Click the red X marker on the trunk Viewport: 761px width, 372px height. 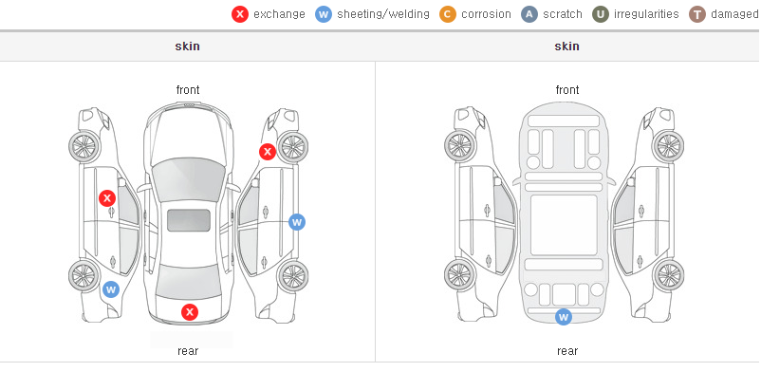tap(190, 312)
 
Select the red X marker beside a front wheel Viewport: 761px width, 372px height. tap(267, 152)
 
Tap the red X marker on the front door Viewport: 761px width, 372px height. tap(107, 198)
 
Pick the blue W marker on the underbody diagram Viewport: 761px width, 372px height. tap(564, 317)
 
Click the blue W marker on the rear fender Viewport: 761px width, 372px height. tap(111, 290)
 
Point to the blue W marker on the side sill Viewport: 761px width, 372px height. tap(297, 222)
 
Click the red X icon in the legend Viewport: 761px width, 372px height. tap(240, 14)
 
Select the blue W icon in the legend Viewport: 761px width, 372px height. tap(324, 14)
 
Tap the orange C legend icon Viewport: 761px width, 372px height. tap(448, 14)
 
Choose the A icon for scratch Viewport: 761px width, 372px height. tap(529, 14)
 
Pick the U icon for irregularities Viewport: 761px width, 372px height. tap(601, 14)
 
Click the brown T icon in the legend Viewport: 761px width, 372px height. tap(696, 14)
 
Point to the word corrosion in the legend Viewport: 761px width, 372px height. tap(487, 14)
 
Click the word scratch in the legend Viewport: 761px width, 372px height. tap(563, 14)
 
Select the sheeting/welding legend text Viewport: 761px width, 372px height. tap(383, 14)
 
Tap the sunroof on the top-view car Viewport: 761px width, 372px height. tap(189, 220)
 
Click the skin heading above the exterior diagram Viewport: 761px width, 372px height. tap(187, 46)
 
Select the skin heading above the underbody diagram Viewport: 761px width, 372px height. tap(566, 46)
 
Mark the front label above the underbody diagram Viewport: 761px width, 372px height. tap(567, 90)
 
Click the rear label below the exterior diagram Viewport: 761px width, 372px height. tap(188, 351)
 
